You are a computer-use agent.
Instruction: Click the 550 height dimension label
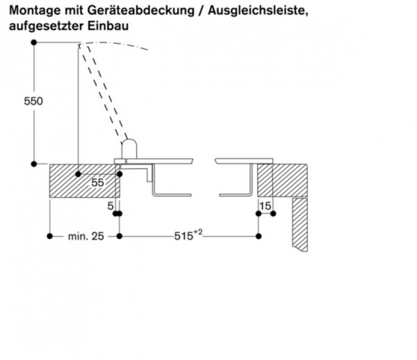coord(33,101)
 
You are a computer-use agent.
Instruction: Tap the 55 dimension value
coord(97,183)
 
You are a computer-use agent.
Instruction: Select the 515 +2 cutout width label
coord(188,235)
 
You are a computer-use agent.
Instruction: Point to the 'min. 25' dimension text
coord(86,236)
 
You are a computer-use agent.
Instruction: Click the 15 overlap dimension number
coord(265,206)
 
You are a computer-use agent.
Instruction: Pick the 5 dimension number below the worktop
coord(110,206)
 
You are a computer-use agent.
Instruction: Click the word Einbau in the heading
coord(108,26)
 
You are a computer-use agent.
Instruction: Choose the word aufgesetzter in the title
coord(47,26)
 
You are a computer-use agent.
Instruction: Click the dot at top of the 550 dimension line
coord(34,42)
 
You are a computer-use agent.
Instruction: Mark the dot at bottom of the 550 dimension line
coord(34,164)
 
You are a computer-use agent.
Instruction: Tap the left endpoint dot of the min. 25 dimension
coord(50,236)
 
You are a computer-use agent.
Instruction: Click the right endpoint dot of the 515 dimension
coord(258,236)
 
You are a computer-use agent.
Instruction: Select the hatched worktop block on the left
coord(84,181)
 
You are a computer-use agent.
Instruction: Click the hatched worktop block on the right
coord(283,181)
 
